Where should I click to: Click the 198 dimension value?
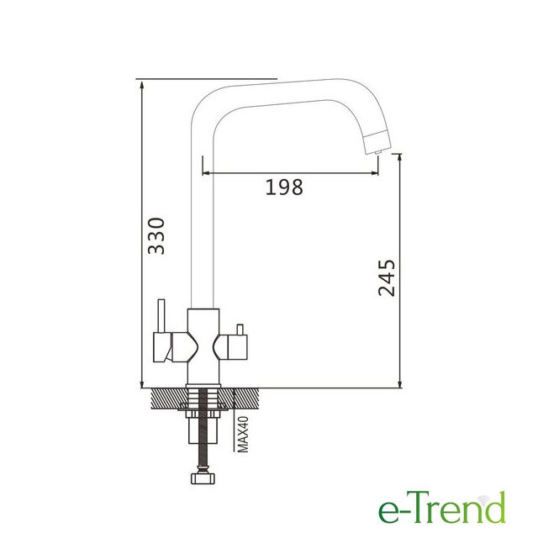pyautogui.click(x=284, y=187)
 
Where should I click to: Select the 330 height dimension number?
pyautogui.click(x=156, y=235)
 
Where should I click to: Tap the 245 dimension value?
pyautogui.click(x=387, y=277)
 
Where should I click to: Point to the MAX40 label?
pyautogui.click(x=243, y=434)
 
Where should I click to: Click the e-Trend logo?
pyautogui.click(x=442, y=508)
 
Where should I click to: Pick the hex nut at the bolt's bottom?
pyautogui.click(x=203, y=478)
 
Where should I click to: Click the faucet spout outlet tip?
pyautogui.click(x=377, y=151)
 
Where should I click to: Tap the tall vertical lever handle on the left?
pyautogui.click(x=161, y=316)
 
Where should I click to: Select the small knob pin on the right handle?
pyautogui.click(x=240, y=330)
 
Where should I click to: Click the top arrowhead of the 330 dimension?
pyautogui.click(x=142, y=83)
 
